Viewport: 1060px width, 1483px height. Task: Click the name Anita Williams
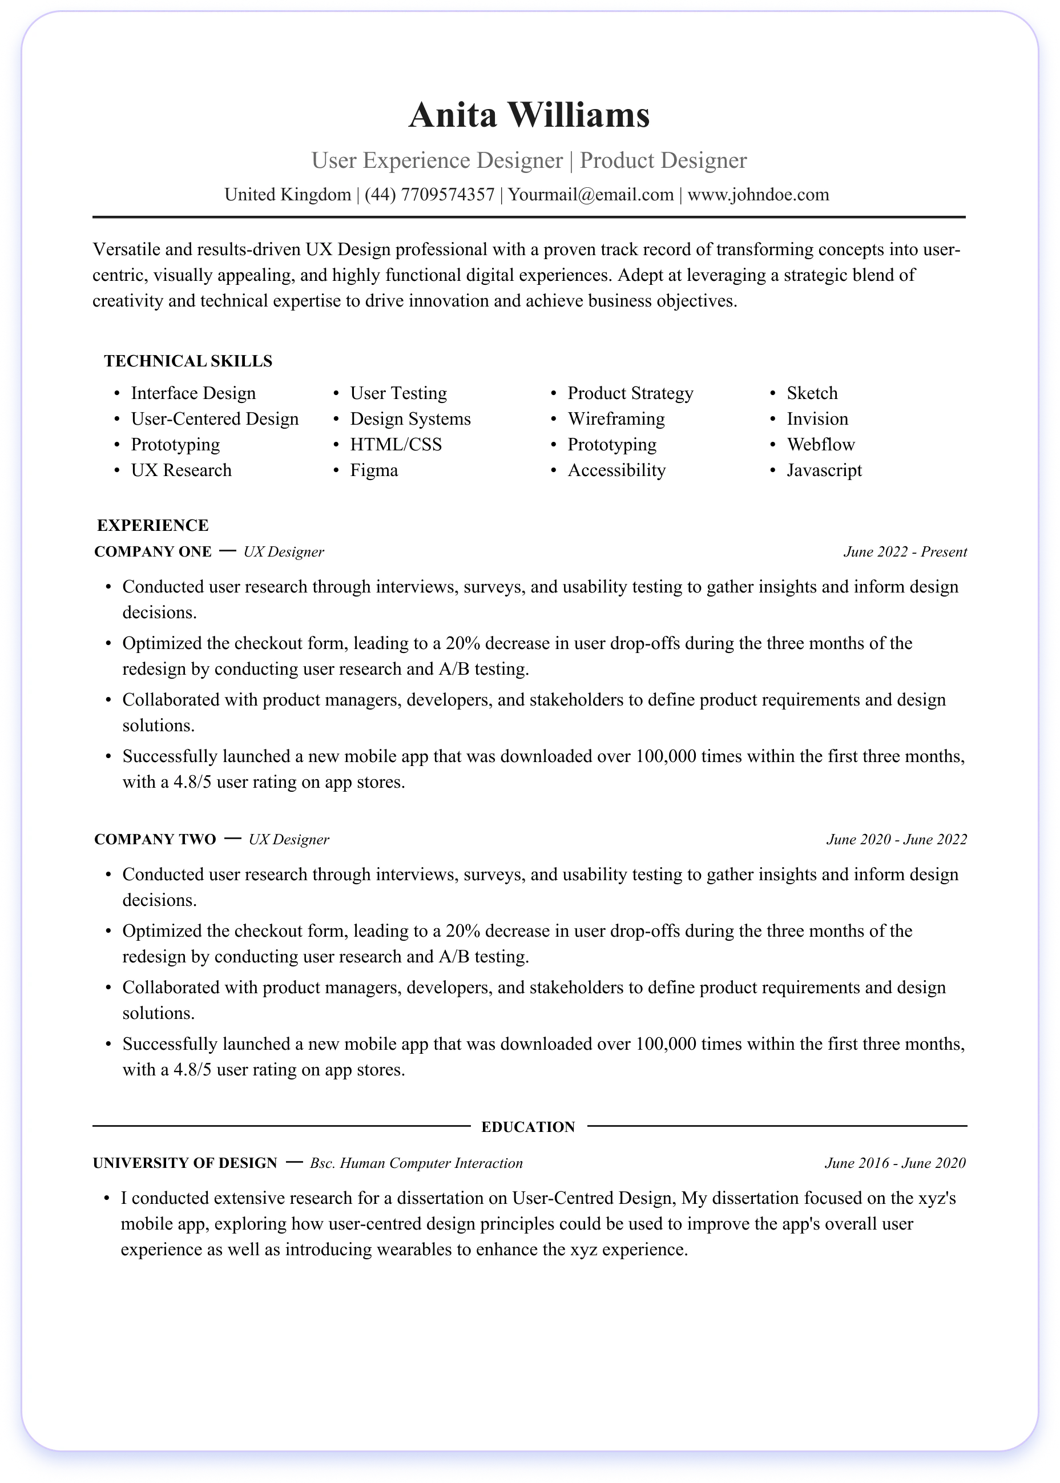529,115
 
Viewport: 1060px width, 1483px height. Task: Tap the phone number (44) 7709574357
429,195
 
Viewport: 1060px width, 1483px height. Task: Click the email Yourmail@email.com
591,195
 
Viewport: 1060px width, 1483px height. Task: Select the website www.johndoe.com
758,195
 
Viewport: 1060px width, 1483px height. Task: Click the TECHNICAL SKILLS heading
188,361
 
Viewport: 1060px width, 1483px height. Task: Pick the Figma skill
373,470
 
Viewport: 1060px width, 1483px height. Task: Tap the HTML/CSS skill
396,445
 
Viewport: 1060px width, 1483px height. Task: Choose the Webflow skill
820,445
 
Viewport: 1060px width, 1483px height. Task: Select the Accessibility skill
616,470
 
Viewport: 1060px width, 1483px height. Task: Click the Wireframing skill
616,419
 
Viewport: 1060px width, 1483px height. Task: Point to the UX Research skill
181,470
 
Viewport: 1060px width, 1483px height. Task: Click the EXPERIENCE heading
153,526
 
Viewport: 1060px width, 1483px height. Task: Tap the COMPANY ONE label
153,551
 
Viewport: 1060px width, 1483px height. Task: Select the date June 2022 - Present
905,551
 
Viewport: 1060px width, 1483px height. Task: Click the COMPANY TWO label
155,840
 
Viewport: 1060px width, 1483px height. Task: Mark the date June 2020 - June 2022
896,840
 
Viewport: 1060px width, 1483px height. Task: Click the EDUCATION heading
528,1127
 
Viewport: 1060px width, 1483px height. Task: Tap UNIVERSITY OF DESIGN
185,1163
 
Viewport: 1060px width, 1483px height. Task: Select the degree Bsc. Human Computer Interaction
416,1163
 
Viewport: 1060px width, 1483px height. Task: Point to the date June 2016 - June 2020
895,1163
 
